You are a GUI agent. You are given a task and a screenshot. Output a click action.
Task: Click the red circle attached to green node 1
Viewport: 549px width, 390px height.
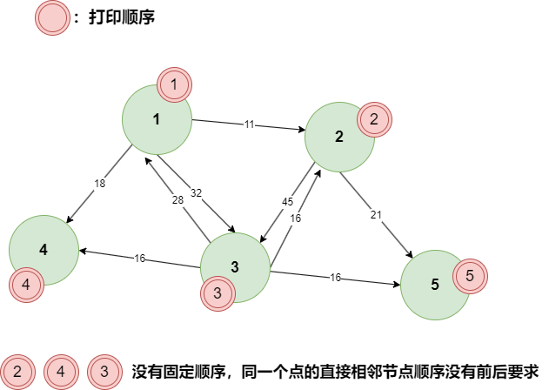(x=174, y=85)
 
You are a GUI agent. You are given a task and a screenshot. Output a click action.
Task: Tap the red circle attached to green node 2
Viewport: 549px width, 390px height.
(x=374, y=120)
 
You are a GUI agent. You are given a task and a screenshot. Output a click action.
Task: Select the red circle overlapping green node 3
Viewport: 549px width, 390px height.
(x=218, y=294)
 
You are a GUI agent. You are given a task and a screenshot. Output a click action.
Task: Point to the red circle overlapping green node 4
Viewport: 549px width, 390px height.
(x=26, y=285)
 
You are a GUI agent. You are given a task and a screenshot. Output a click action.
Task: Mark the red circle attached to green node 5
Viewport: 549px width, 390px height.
(x=470, y=277)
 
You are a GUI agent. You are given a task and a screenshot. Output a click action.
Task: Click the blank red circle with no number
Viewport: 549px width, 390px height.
(x=52, y=17)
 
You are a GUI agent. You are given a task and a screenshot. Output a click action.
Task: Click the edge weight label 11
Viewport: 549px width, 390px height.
(x=249, y=124)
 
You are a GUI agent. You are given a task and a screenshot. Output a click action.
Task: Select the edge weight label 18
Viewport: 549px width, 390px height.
(x=99, y=184)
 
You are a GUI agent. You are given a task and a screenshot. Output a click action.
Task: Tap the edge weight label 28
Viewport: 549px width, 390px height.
(x=177, y=200)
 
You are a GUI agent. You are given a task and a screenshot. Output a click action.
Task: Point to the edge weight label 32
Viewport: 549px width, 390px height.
(x=196, y=193)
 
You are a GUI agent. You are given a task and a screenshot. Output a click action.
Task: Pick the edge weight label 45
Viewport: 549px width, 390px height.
(x=287, y=202)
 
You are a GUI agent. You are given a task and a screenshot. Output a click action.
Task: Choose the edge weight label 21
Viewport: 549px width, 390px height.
(x=376, y=215)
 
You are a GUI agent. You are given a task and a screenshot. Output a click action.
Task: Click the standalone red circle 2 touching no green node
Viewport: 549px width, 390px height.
(x=17, y=373)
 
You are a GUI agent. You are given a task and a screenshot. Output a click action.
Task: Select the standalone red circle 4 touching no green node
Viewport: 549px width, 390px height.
(x=61, y=373)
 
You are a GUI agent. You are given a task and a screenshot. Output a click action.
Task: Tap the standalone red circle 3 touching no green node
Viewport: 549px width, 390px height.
(x=104, y=373)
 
